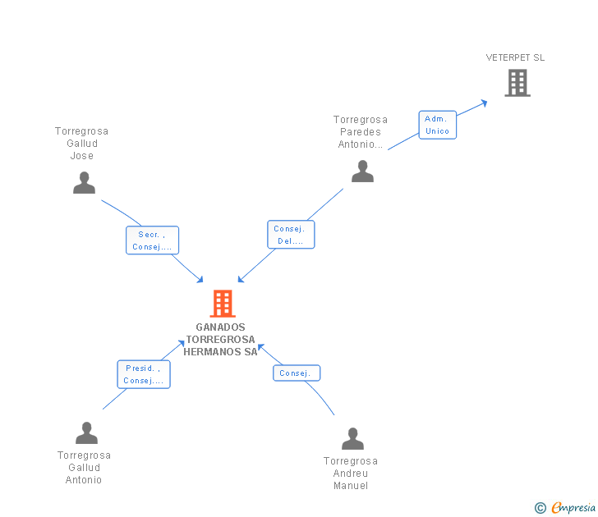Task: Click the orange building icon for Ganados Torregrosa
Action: [223, 304]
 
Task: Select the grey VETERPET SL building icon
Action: [517, 83]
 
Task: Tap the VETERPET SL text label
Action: [515, 57]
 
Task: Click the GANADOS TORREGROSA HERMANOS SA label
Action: [221, 340]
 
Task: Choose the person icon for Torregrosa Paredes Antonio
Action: [362, 171]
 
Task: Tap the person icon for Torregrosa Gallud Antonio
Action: [86, 432]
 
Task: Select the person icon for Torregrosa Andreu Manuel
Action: [352, 439]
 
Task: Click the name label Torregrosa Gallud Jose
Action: [81, 144]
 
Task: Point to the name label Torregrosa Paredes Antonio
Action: [361, 132]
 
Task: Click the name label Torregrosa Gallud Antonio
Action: [84, 468]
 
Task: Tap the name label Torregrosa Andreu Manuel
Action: [351, 474]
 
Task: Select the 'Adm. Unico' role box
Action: [437, 125]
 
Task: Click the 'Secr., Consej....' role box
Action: [152, 240]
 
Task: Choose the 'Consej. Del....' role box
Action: [291, 235]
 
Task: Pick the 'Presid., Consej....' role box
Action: [144, 374]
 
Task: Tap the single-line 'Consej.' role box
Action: [296, 373]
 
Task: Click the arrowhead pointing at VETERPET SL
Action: [484, 103]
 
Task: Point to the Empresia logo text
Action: [573, 508]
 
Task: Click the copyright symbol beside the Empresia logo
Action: [540, 509]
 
